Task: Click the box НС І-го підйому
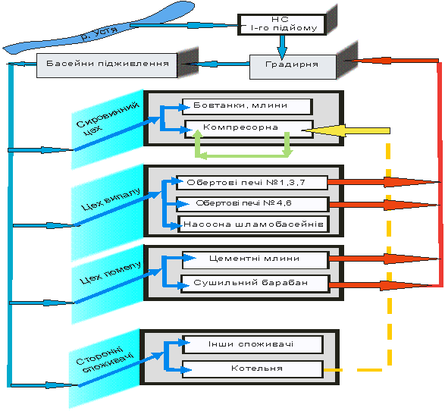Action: click(x=282, y=24)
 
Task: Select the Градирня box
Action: click(x=293, y=67)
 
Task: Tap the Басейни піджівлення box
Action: click(x=107, y=65)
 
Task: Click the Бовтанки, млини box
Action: click(x=247, y=106)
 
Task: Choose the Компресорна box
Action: click(x=249, y=129)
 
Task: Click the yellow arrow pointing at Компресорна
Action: click(x=346, y=130)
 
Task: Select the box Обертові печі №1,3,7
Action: click(x=252, y=183)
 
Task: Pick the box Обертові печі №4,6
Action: click(x=252, y=204)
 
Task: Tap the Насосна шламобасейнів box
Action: click(x=253, y=224)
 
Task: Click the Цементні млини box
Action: click(x=255, y=259)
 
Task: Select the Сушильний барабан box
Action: click(x=255, y=284)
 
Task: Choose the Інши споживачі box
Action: click(x=252, y=344)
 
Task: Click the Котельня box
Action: click(x=252, y=369)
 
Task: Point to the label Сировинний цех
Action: click(x=108, y=118)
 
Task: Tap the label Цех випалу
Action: click(x=111, y=199)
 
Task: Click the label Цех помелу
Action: click(x=110, y=272)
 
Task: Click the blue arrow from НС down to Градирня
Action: click(x=282, y=47)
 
